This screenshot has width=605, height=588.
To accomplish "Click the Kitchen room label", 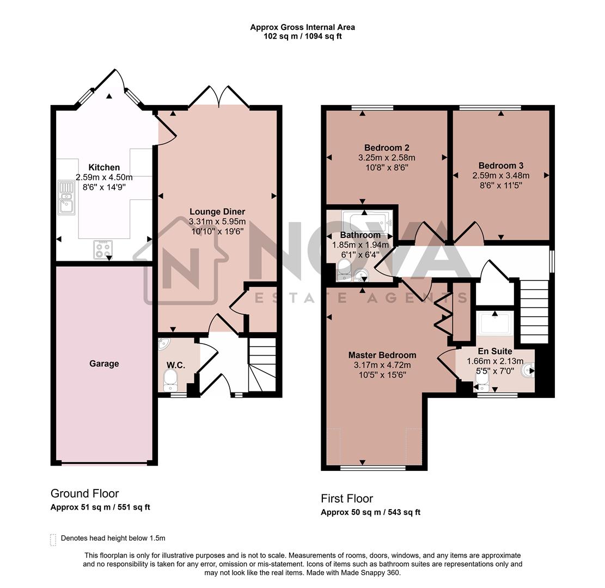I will point(104,168).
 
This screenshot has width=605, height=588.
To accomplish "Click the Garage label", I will point(104,364).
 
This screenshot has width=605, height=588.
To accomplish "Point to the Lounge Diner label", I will point(217,212).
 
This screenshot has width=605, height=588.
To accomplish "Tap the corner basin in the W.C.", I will point(164,345).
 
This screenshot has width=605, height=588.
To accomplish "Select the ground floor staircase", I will point(262,364).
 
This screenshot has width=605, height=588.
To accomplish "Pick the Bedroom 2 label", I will point(387,148).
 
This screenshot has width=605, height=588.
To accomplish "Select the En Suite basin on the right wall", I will point(528,371).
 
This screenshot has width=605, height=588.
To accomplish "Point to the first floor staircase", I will point(534,311).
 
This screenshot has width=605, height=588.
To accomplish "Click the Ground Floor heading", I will point(84,494).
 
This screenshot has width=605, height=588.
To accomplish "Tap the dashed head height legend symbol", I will point(53,539).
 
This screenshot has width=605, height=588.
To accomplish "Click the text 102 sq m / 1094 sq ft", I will point(302,36).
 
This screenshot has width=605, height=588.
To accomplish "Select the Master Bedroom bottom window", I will point(373,467).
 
